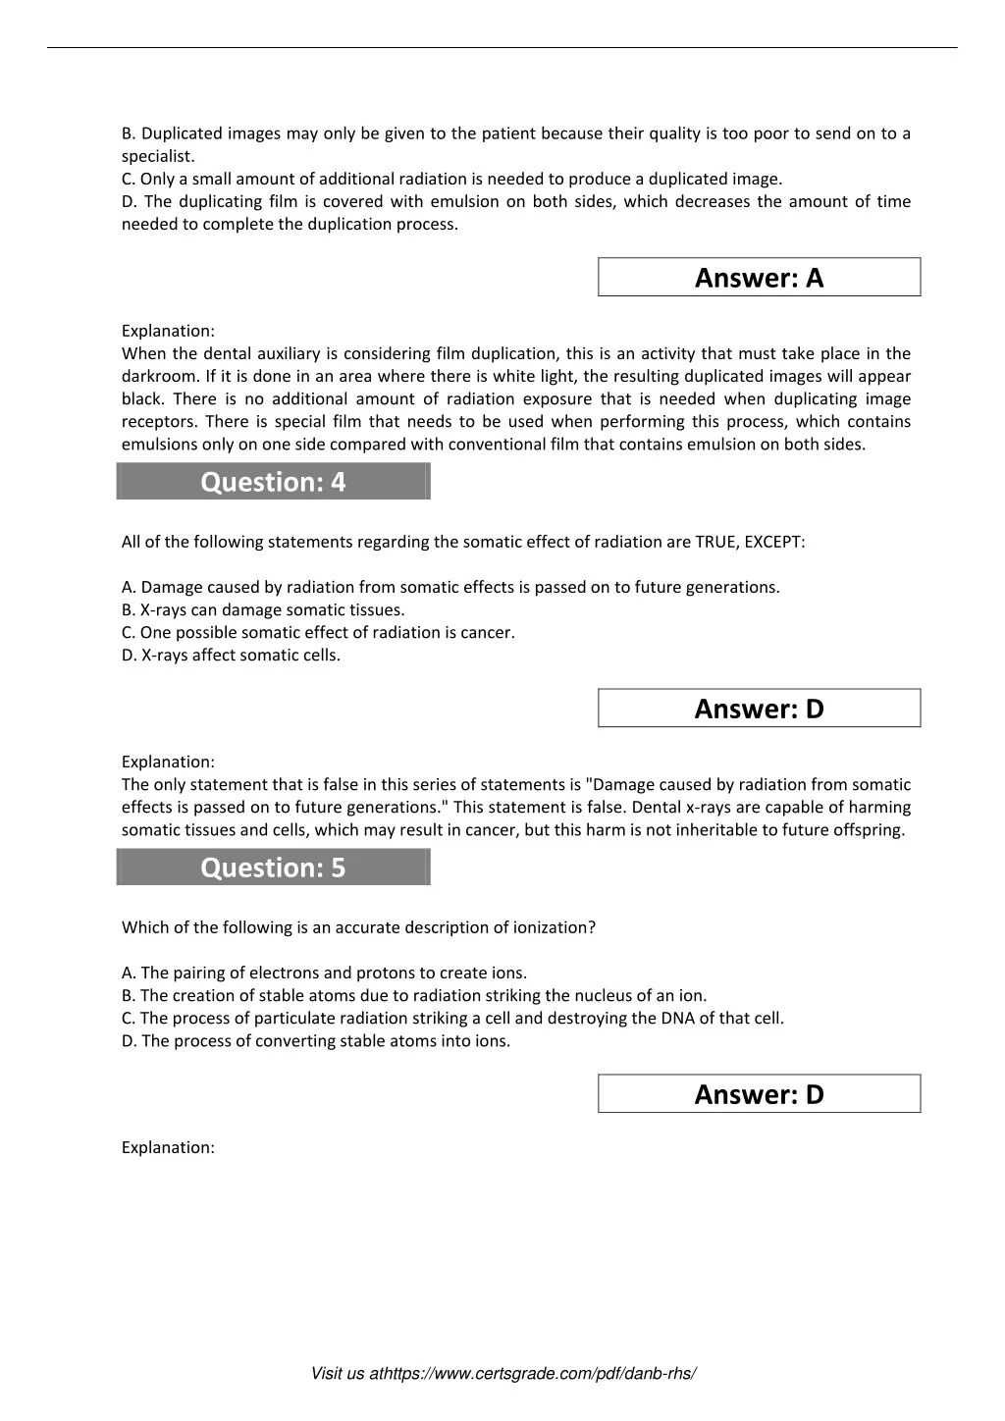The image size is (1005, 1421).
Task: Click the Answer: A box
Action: [x=759, y=278]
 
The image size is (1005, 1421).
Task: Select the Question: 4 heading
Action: [x=273, y=482]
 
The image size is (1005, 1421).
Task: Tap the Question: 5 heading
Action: [x=273, y=868]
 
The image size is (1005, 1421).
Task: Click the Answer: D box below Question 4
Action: [x=759, y=709]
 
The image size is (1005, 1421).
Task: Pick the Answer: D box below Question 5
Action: [x=759, y=1094]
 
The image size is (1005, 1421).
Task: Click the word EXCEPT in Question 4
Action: [x=774, y=542]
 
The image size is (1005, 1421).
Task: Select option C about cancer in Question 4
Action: [x=318, y=632]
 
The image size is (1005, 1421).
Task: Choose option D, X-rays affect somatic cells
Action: [x=231, y=655]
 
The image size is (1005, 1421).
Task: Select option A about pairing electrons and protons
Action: [x=324, y=973]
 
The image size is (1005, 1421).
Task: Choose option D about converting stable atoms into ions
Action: [x=315, y=1040]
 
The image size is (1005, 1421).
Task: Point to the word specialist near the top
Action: [x=157, y=156]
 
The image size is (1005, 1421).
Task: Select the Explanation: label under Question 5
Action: [x=168, y=1147]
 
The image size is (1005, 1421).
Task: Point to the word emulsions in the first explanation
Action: [x=158, y=444]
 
